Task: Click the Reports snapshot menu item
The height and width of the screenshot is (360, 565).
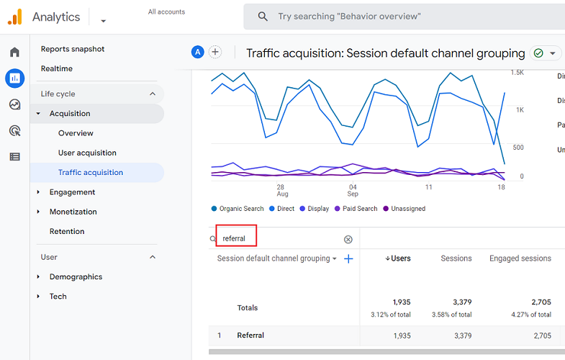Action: click(73, 49)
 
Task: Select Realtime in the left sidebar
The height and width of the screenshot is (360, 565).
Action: click(57, 68)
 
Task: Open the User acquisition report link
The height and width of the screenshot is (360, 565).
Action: click(87, 153)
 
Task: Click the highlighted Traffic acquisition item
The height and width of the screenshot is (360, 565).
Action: click(91, 172)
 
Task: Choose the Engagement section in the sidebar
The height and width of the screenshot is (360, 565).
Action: click(72, 192)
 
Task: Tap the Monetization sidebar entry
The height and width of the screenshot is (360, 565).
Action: click(73, 212)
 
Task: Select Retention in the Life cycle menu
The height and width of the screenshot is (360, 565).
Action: click(67, 231)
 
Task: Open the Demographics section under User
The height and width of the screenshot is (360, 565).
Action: click(76, 276)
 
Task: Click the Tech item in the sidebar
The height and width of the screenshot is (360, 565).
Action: click(58, 296)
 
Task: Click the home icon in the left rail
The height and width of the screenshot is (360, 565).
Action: click(14, 52)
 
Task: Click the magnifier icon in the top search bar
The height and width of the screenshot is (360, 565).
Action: click(263, 17)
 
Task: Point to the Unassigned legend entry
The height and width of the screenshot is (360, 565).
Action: click(407, 209)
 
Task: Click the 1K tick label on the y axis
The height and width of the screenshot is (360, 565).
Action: click(519, 109)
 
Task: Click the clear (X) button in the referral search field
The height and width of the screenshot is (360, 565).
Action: click(348, 239)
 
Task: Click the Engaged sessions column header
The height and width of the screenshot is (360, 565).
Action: click(520, 258)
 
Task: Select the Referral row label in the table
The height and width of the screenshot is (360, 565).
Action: click(250, 336)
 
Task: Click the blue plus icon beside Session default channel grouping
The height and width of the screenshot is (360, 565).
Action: click(348, 258)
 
